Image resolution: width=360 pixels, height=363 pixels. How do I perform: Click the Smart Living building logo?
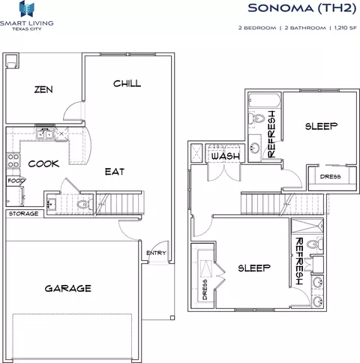point(27,9)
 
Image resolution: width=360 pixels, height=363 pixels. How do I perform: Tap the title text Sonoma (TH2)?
point(302,8)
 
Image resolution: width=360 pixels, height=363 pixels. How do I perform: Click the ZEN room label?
point(43,89)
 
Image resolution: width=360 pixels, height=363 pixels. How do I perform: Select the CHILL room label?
point(127,83)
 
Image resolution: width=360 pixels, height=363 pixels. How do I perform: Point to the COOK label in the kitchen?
point(43,163)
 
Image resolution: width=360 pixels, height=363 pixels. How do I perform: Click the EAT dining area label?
point(115,172)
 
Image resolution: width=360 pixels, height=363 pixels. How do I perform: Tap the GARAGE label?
point(68,289)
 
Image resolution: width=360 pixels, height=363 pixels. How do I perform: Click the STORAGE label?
point(23,214)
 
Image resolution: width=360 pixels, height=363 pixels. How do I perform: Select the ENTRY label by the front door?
point(156,253)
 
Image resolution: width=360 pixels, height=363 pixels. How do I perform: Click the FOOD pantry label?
point(16,181)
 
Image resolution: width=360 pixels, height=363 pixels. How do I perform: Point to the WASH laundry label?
point(226,156)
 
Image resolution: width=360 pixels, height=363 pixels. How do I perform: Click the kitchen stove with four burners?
point(13,160)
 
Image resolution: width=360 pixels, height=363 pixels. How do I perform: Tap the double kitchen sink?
point(45,134)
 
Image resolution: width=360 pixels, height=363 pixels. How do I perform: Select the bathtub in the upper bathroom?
point(265,100)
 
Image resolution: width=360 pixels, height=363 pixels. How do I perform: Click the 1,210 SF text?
point(346,28)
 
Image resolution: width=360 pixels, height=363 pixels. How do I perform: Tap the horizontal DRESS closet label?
point(330,176)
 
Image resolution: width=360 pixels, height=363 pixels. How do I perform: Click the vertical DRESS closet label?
point(205,289)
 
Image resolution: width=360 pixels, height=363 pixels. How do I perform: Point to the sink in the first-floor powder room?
point(52,205)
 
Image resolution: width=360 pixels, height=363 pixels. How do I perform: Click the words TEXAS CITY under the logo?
point(27,28)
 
